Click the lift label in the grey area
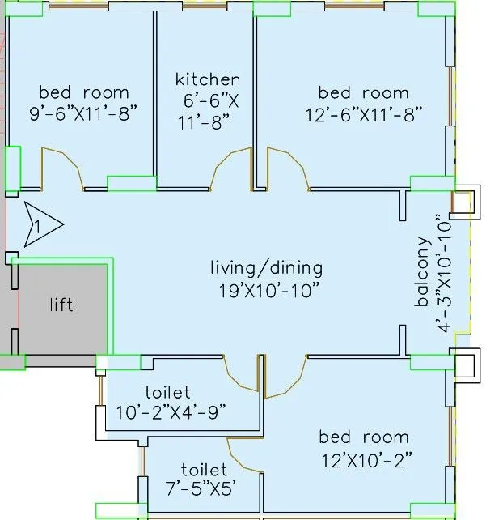click(x=61, y=305)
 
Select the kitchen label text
click(x=208, y=79)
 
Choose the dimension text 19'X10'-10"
click(x=266, y=289)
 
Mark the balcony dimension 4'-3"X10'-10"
click(x=441, y=273)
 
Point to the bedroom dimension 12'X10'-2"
click(x=366, y=459)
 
